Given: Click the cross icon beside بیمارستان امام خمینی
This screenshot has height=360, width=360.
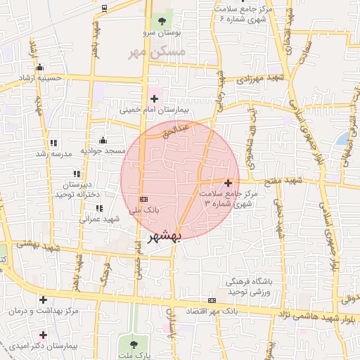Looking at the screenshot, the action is coord(154,98).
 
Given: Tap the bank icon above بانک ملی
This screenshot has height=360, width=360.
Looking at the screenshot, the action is coord(144,199).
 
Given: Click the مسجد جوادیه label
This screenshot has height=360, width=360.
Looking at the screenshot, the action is coord(103,150).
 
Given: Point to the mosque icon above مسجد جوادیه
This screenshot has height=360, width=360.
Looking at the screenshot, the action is coord(103,139).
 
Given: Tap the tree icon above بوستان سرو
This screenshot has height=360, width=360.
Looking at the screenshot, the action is coord(162,20).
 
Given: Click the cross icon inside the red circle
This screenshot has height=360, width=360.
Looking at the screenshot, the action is coord(227,183).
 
